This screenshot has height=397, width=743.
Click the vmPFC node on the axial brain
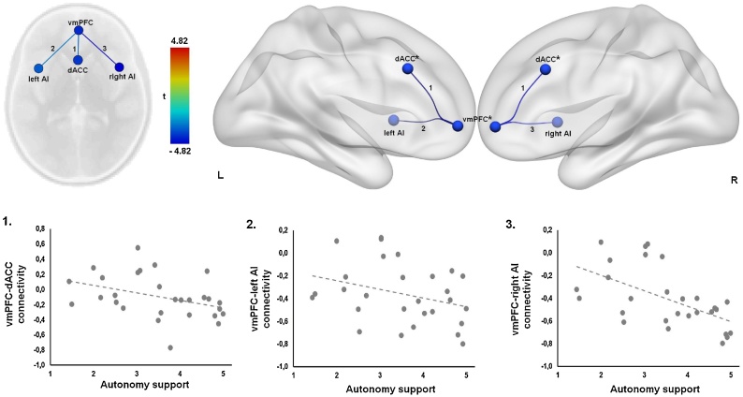click(x=79, y=31)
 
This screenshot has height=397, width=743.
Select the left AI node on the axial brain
click(x=38, y=67)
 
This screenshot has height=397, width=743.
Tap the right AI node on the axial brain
click(x=118, y=66)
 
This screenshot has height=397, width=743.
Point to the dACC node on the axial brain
click(x=79, y=60)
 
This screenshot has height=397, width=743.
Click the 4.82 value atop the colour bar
click(x=182, y=40)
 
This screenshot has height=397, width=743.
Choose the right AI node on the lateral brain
click(x=558, y=123)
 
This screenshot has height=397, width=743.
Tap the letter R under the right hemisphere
click(x=735, y=175)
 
